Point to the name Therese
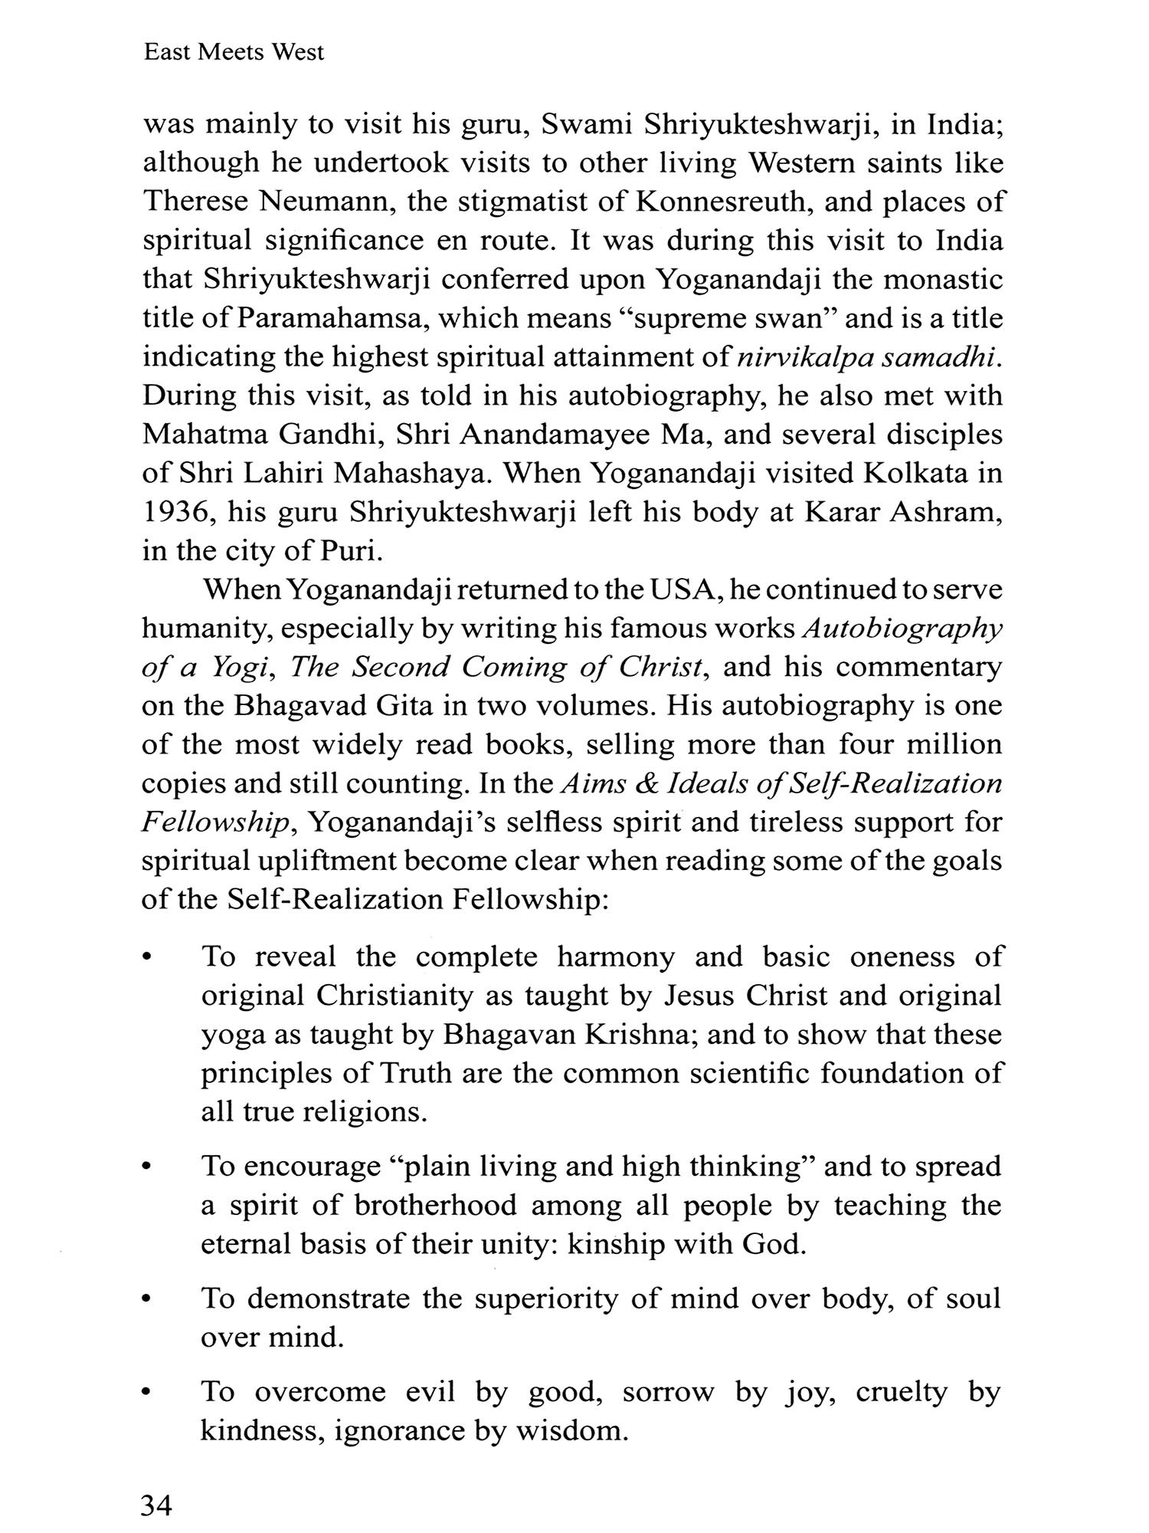pyautogui.click(x=195, y=202)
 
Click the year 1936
pyautogui.click(x=176, y=512)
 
